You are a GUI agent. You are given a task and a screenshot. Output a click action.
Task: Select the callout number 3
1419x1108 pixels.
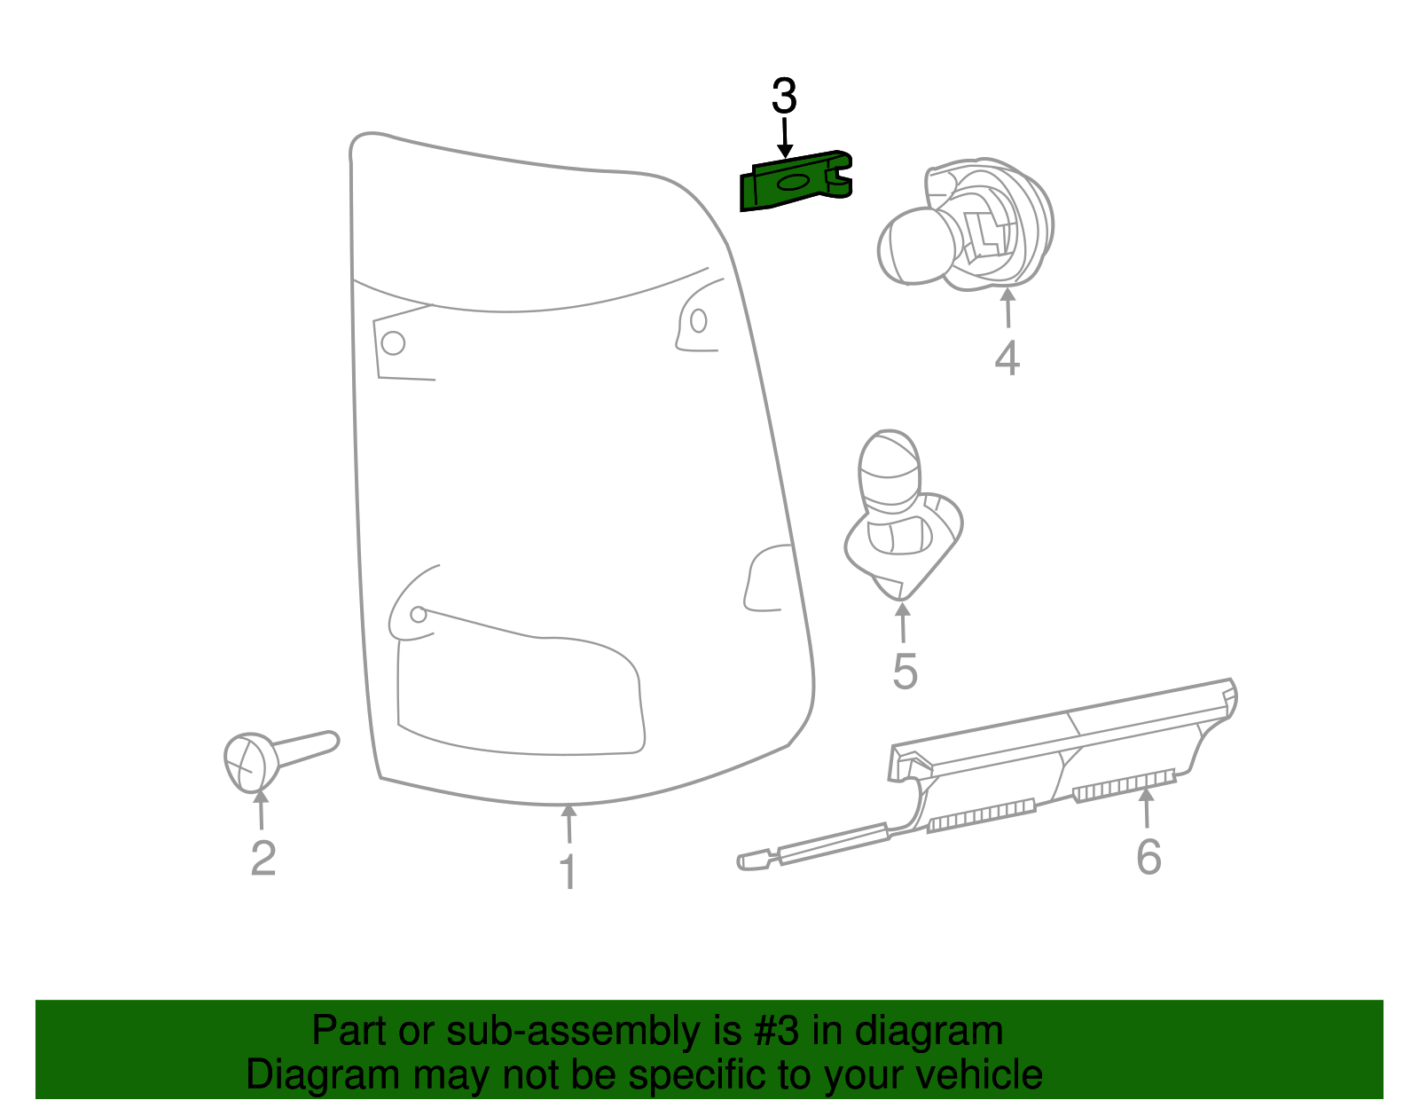coord(784,97)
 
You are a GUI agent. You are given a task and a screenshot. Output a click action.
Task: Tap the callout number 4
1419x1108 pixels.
coord(1007,358)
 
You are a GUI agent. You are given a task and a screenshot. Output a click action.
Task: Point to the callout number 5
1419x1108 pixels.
coord(905,671)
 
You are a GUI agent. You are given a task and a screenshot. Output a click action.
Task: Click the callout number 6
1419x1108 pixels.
coord(1149,857)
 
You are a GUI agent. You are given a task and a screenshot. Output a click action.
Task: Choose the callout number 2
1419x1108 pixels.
coord(263,859)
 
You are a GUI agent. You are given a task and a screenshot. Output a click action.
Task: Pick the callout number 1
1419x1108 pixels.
coord(568,872)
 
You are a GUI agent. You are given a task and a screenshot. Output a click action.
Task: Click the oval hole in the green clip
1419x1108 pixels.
coord(791,183)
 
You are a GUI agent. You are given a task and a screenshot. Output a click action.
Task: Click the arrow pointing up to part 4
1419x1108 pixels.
coord(1007,308)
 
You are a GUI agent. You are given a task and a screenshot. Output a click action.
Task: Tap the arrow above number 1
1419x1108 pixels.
coord(568,822)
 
